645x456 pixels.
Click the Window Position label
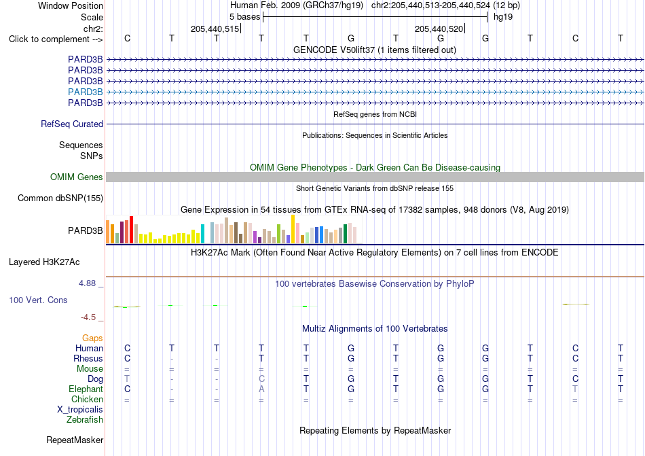71,5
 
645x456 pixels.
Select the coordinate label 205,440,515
215,29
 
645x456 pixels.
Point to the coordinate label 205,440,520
439,29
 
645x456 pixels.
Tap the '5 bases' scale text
244,17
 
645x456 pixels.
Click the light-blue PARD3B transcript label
85,92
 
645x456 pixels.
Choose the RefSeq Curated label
72,124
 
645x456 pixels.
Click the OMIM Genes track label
77,177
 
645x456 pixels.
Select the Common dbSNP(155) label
60,198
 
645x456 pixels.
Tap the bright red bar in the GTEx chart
131,230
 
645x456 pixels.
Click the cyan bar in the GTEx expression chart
202,234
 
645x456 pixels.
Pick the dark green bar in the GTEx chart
345,234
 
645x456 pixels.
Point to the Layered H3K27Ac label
44,262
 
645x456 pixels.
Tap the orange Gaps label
92,338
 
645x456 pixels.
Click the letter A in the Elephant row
261,389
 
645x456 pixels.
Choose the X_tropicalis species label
80,410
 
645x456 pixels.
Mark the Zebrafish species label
85,420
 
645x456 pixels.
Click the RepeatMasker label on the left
75,440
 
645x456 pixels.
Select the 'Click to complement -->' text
56,39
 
